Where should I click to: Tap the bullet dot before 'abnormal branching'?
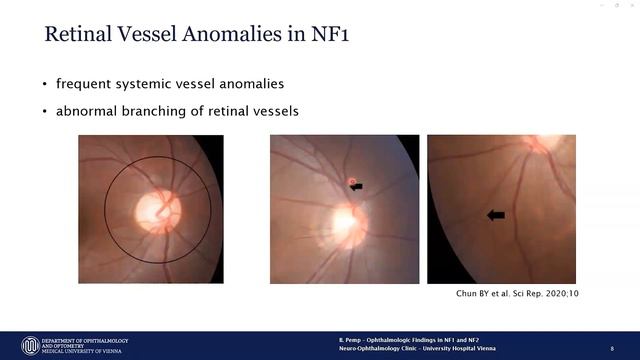45,111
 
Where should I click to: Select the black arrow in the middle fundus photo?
357,186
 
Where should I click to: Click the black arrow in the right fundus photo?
495,214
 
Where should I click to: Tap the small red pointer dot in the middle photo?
352,182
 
